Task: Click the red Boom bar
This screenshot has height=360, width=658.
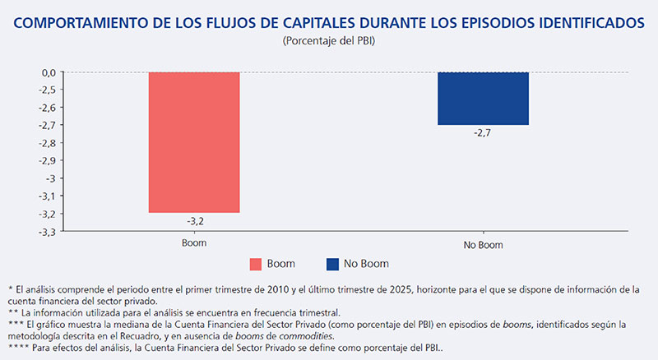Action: (194, 142)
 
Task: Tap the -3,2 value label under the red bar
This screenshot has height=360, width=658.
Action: (194, 220)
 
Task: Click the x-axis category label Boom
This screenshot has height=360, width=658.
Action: (194, 244)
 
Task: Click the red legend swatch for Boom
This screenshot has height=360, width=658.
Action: (256, 264)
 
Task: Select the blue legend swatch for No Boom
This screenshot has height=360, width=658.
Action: (332, 264)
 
